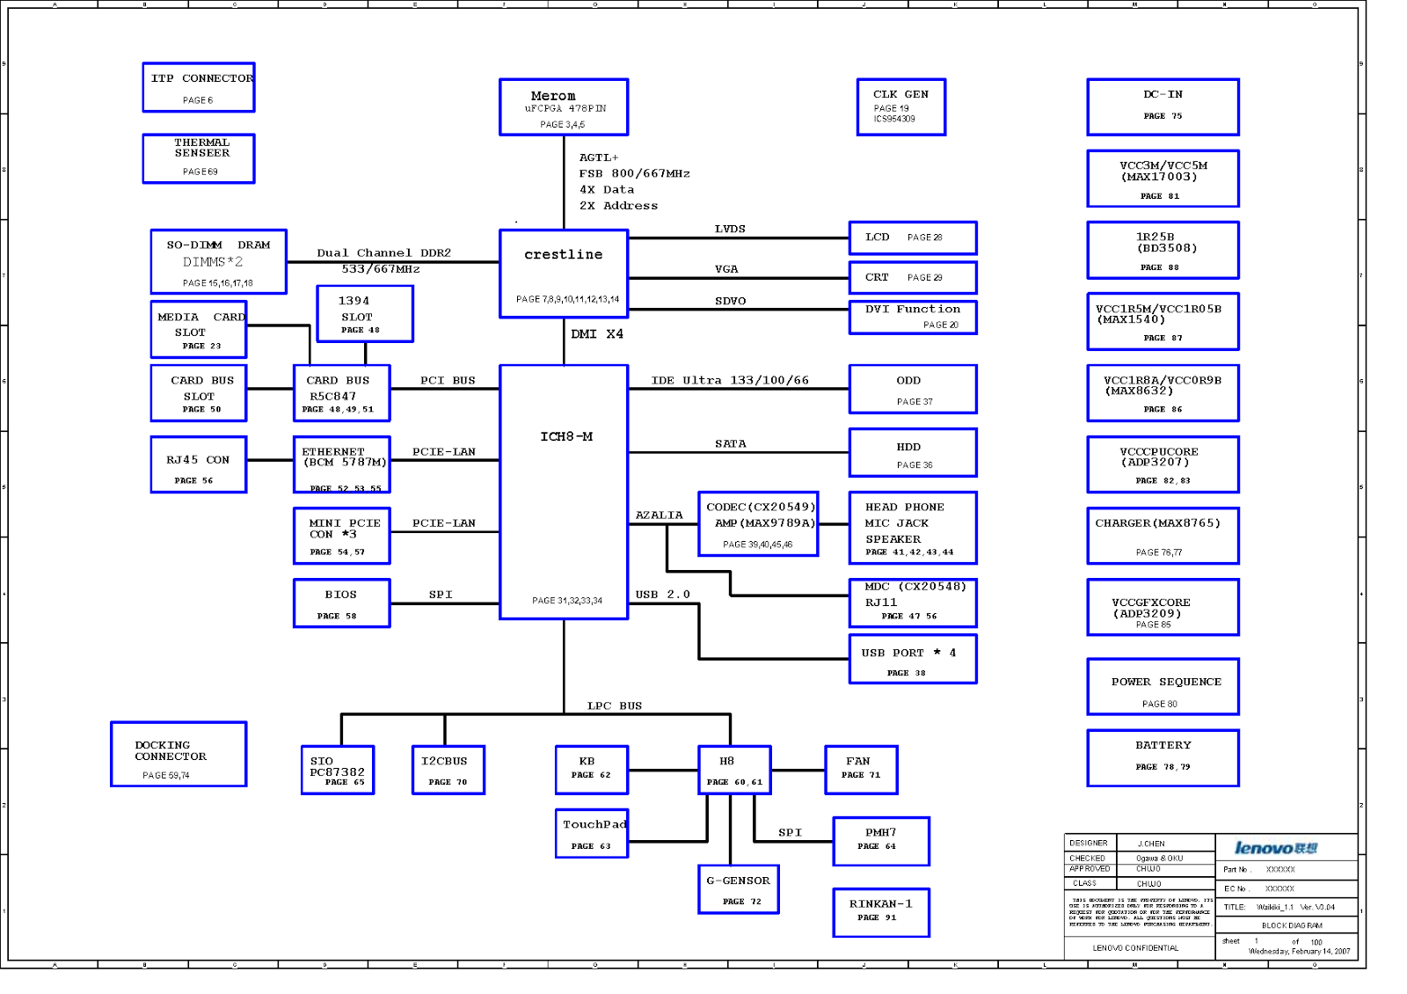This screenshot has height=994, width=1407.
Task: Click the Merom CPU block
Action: (x=564, y=107)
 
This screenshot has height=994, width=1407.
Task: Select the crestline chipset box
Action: (x=564, y=273)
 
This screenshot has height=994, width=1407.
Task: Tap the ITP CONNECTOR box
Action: (x=199, y=87)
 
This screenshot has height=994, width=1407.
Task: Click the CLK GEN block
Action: (x=901, y=106)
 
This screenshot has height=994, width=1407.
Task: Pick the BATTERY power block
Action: (x=1163, y=757)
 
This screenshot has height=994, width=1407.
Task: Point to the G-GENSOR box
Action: (x=739, y=889)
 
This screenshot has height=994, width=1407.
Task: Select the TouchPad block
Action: (x=592, y=833)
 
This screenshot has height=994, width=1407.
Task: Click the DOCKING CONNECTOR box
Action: (x=179, y=754)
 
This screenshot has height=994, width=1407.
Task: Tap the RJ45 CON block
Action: (x=198, y=464)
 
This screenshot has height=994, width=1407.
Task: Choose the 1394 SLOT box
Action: (x=365, y=313)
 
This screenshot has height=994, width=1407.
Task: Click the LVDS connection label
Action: (x=730, y=229)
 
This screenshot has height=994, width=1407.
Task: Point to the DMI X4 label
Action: (x=597, y=334)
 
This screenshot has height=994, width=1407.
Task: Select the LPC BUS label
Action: (x=615, y=705)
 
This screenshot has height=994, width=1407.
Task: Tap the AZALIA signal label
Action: (x=659, y=515)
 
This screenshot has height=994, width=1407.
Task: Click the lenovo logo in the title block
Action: (x=1276, y=848)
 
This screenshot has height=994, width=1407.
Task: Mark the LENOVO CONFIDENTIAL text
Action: (x=1135, y=948)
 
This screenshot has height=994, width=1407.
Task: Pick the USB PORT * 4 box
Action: (x=913, y=659)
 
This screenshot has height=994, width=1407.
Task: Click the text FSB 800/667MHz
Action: (x=634, y=173)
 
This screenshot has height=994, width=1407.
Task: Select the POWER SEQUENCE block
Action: (x=1163, y=686)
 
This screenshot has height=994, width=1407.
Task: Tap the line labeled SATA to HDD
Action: (x=739, y=452)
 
